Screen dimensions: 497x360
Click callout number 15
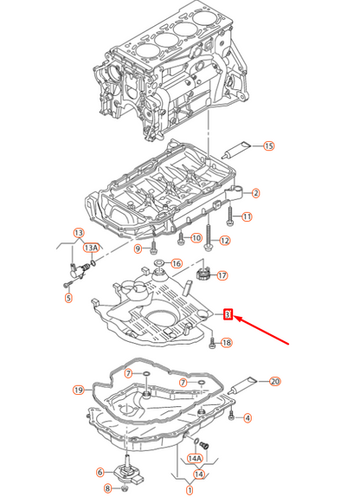[268, 146]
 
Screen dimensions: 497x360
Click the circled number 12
[224, 240]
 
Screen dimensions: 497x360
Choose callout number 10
[196, 237]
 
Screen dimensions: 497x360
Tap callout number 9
[137, 249]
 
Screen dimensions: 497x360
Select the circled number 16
[176, 263]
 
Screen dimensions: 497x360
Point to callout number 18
[227, 343]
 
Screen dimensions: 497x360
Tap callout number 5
[69, 299]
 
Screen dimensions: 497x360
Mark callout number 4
[247, 418]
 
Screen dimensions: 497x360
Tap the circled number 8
[107, 489]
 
